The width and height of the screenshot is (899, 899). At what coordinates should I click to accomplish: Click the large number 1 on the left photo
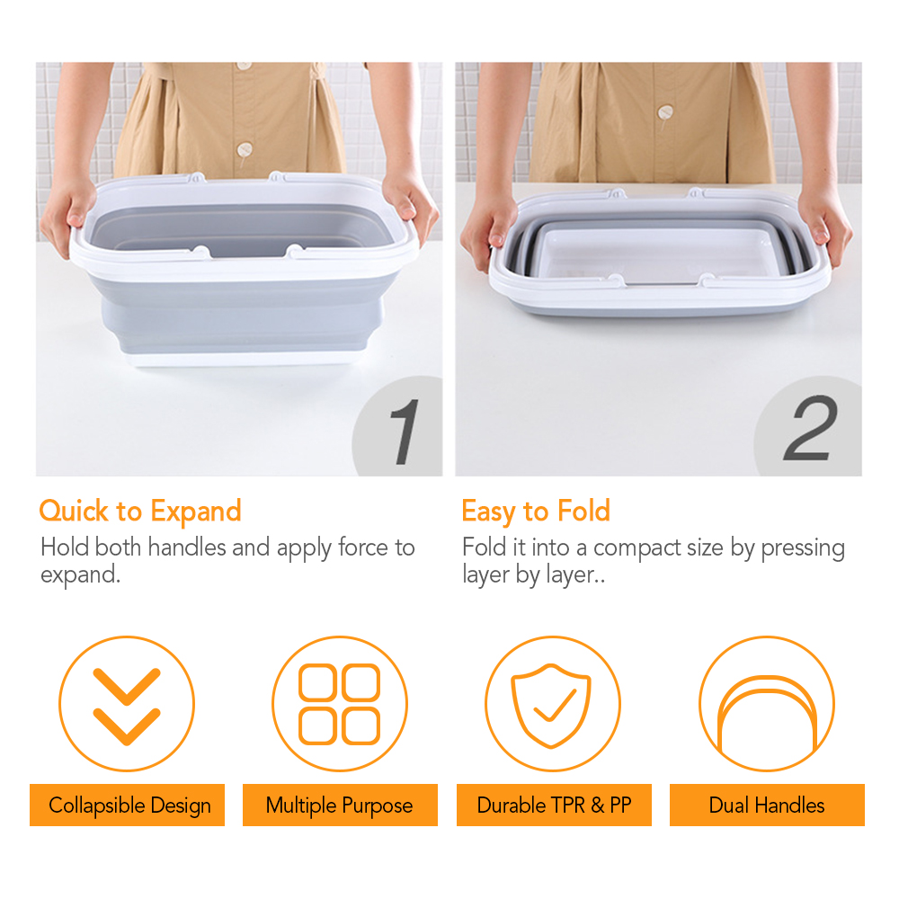pyautogui.click(x=405, y=432)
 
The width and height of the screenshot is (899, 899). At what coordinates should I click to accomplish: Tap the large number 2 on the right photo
pyautogui.click(x=811, y=428)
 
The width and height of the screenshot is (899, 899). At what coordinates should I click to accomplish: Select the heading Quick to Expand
pyautogui.click(x=140, y=512)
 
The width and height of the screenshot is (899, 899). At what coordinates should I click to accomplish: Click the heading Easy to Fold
pyautogui.click(x=536, y=512)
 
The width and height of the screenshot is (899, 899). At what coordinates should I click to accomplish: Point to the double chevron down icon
pyautogui.click(x=127, y=706)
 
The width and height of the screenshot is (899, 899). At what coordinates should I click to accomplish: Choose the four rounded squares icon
pyautogui.click(x=340, y=704)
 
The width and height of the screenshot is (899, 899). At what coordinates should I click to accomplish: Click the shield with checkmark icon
pyautogui.click(x=552, y=705)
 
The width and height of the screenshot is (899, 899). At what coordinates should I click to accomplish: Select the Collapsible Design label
pyautogui.click(x=129, y=806)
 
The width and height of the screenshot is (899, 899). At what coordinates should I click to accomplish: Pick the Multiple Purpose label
pyautogui.click(x=340, y=806)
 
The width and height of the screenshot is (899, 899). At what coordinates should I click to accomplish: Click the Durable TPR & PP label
pyautogui.click(x=554, y=806)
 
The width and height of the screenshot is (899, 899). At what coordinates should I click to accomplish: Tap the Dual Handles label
pyautogui.click(x=767, y=806)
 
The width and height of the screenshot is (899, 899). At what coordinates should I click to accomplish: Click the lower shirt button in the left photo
pyautogui.click(x=245, y=151)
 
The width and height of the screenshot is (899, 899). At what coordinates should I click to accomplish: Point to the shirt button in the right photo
pyautogui.click(x=665, y=112)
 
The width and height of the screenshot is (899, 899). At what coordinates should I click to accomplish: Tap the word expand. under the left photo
pyautogui.click(x=80, y=575)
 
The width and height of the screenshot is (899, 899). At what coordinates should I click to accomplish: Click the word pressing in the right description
pyautogui.click(x=803, y=548)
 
